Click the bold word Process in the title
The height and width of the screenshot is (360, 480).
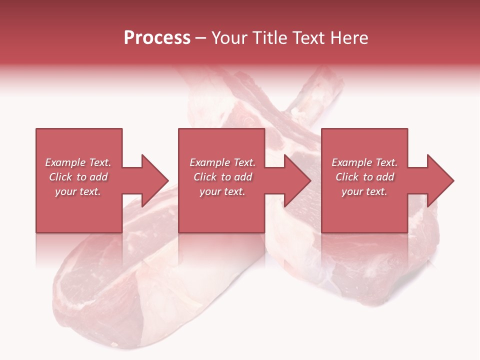point(157,38)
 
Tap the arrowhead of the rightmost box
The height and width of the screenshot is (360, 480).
point(439,180)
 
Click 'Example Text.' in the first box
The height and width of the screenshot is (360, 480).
point(78,162)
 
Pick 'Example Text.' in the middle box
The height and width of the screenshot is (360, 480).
point(222,162)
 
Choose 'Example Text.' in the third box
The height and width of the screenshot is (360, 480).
point(364,162)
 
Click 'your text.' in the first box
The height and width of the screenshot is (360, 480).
point(78,191)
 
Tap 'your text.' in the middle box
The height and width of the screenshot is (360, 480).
point(222,191)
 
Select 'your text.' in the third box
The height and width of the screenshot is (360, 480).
point(364,191)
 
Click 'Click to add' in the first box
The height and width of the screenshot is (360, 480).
point(78,177)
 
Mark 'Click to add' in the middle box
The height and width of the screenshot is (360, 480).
point(222,177)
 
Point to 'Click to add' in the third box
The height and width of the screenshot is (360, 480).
point(364,177)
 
